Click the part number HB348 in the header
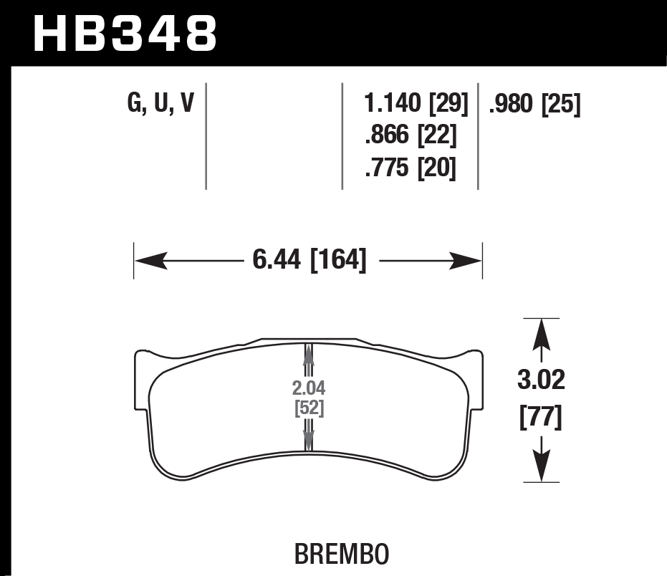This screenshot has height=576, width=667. click(125, 32)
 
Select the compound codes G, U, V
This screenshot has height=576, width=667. click(160, 105)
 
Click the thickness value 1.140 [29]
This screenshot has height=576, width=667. click(416, 105)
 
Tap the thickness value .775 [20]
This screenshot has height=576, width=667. click(411, 169)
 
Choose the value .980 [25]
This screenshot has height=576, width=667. click(534, 105)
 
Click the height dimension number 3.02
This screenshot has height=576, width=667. click(541, 380)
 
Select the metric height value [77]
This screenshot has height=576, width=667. click(541, 416)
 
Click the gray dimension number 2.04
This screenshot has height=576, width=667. click(309, 389)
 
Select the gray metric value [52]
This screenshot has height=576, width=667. click(309, 408)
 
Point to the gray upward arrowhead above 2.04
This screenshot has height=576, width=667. click(309, 352)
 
